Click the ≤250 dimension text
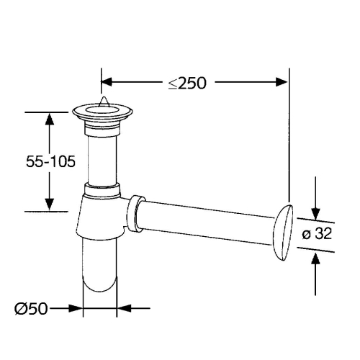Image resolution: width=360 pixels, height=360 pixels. [x=187, y=83]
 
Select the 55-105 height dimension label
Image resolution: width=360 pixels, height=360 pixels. [x=50, y=161]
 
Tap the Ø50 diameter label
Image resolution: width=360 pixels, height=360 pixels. [x=31, y=309]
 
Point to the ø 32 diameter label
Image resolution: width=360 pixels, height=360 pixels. [x=317, y=233]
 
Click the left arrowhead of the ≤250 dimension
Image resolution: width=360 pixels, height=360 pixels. [x=107, y=82]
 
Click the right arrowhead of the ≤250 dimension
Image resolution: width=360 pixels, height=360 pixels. [x=282, y=82]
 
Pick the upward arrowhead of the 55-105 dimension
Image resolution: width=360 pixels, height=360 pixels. [x=50, y=119]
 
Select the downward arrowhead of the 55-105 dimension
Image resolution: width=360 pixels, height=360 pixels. [x=50, y=204]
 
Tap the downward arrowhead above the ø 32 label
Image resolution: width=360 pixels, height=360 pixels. [x=315, y=214]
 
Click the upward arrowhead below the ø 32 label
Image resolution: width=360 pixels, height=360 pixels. [x=315, y=258]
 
